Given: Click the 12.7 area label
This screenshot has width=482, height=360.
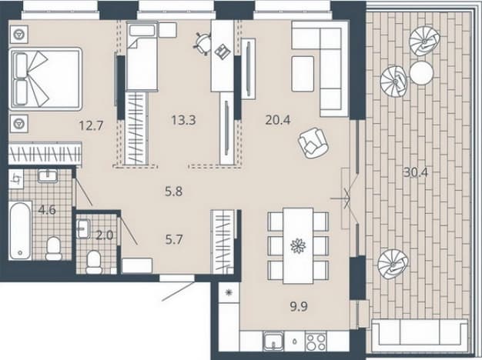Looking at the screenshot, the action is (91, 125).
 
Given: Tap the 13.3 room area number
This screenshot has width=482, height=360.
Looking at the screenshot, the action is (183, 120).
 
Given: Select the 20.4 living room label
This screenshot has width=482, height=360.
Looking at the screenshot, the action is (278, 120).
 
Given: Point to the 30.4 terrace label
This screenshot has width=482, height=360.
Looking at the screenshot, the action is (416, 173).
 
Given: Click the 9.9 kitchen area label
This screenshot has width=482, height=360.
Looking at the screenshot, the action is (299, 307).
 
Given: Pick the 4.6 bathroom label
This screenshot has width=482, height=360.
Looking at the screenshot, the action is (47, 210).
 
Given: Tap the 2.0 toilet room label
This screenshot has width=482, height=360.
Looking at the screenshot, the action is (105, 235).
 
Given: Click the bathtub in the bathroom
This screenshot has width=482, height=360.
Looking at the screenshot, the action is (20, 230).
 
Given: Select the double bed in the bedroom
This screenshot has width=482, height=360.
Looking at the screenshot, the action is (46, 79).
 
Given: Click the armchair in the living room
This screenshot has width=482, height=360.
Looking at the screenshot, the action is (313, 142).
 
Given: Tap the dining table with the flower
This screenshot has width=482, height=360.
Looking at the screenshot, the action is (298, 245).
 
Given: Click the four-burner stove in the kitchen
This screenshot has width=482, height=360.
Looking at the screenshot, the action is (316, 342).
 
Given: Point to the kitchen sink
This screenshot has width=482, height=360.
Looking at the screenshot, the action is (273, 342).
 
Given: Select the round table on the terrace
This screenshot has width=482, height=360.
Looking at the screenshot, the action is (421, 73).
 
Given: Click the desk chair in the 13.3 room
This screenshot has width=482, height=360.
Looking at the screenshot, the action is (203, 44).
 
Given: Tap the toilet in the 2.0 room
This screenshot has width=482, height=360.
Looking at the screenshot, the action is (94, 262).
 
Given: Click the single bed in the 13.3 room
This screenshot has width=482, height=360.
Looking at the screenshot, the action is (142, 56).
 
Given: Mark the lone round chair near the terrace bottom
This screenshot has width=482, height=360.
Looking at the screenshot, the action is (393, 264).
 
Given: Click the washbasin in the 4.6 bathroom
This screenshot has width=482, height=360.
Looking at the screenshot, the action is (48, 176).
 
